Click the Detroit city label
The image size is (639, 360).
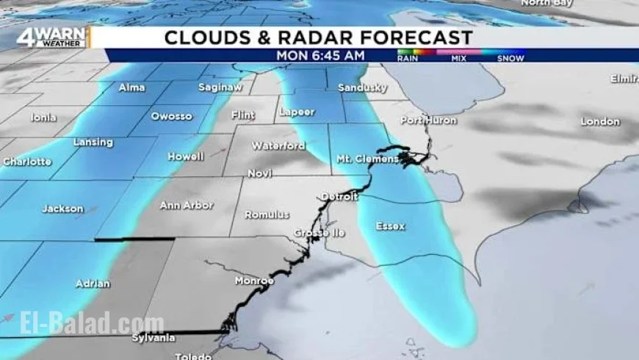click(x=339, y=197)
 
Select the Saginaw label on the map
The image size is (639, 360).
click(x=220, y=87)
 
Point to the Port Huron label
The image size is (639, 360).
click(x=429, y=120)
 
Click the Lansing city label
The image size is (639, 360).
click(x=93, y=142)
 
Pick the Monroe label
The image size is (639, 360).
click(x=254, y=281)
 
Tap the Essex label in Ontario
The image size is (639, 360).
click(x=390, y=226)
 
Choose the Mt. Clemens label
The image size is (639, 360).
click(x=367, y=159)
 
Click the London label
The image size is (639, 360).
click(x=600, y=121)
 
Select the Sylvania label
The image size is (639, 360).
click(x=154, y=338)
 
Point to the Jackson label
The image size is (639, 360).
click(x=62, y=209)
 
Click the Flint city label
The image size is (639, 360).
click(x=243, y=115)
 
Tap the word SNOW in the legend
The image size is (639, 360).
click(x=510, y=58)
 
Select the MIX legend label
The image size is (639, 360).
click(x=459, y=58)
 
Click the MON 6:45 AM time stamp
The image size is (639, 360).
click(x=320, y=55)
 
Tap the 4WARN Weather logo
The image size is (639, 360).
click(x=53, y=37)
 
